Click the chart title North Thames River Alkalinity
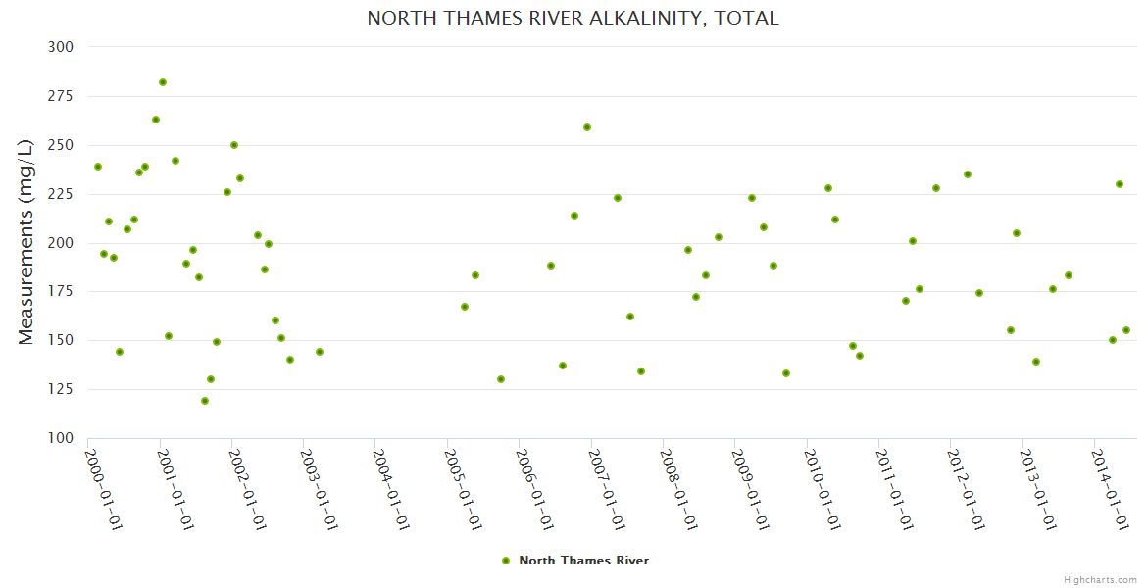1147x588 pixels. coord(573,19)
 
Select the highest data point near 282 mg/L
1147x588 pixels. coord(163,82)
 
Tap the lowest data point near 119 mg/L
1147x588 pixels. coord(205,401)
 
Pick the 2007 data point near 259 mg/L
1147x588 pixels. coord(587,127)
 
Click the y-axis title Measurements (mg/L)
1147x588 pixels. coord(26,242)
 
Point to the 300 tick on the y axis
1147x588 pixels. coord(60,47)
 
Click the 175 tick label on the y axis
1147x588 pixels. coord(60,292)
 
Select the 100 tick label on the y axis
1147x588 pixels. coord(60,438)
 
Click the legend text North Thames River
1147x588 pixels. coord(583,561)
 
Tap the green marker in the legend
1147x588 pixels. coord(506,561)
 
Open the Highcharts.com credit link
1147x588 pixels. coord(1100,579)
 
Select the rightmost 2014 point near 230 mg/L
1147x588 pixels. coord(1120,184)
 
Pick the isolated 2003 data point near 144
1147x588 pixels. coord(320,352)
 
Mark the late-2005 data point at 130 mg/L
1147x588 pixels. coord(501,379)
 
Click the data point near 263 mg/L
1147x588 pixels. coord(156,120)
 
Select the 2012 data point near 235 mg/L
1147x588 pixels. coord(968,174)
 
